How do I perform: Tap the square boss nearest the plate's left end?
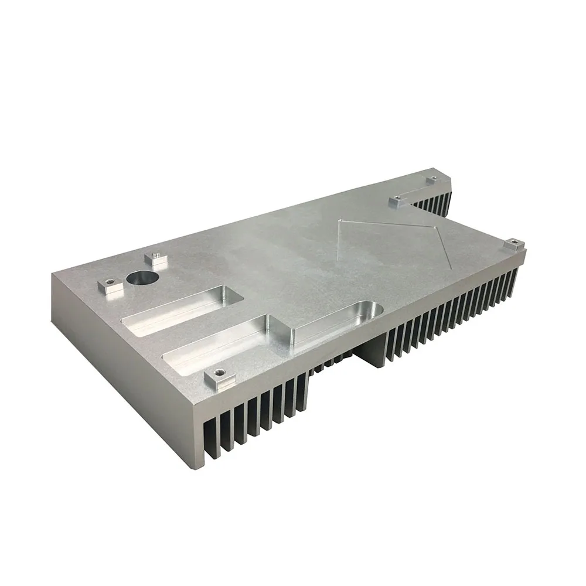pos(108,286)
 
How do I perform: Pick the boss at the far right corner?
pos(513,244)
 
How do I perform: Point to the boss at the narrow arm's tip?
pos(432,179)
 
